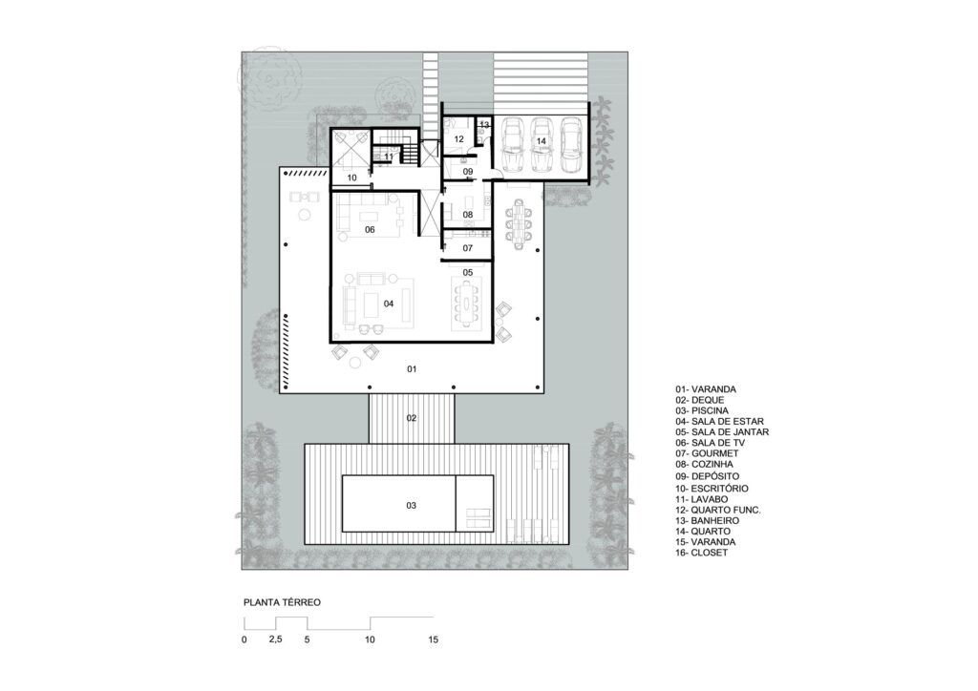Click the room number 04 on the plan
point(389,304)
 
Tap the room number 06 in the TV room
point(370,230)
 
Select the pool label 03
point(411,505)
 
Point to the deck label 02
point(412,418)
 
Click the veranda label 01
point(412,369)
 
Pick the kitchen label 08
point(468,215)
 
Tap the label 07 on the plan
point(468,248)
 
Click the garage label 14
point(541,141)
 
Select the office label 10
point(351,178)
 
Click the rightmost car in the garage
point(570,145)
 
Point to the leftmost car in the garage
point(512,145)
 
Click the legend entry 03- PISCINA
point(702,411)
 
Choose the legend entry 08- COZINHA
point(704,464)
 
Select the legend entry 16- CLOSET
point(701,553)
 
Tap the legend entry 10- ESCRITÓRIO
point(712,489)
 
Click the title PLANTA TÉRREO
point(282,602)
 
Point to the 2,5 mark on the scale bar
point(275,639)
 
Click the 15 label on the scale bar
point(434,639)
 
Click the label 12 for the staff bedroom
point(459,139)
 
